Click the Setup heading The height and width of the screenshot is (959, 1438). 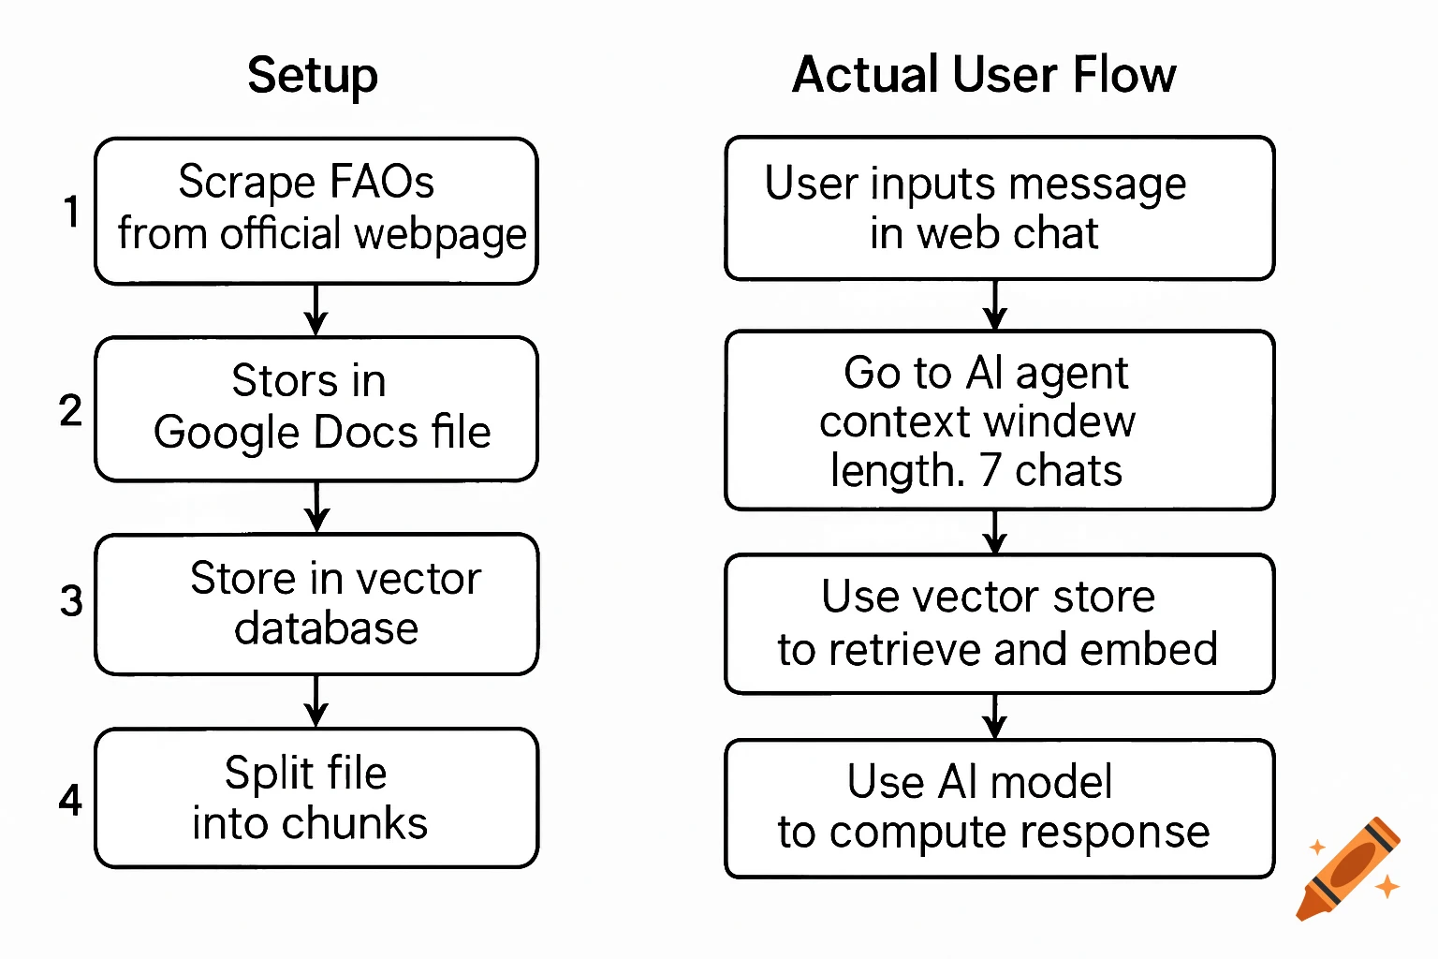[x=313, y=76]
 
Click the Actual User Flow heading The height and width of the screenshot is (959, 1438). [x=984, y=75]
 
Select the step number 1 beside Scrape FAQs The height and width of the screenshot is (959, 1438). [x=71, y=212]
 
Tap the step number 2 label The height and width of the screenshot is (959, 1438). [x=70, y=410]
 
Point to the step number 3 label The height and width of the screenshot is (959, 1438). [x=71, y=601]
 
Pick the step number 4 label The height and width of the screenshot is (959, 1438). [x=70, y=800]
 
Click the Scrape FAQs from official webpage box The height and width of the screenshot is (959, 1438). [x=316, y=211]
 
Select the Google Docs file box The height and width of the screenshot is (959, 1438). [x=316, y=409]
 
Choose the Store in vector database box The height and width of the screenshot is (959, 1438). [x=316, y=604]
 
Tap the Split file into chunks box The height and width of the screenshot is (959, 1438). [x=316, y=798]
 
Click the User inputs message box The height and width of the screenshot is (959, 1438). [x=999, y=208]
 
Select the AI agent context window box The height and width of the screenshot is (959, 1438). [x=999, y=420]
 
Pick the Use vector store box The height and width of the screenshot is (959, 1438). [x=999, y=624]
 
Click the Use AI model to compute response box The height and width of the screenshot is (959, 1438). [x=999, y=808]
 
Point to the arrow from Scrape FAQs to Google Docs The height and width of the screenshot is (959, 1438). [x=316, y=310]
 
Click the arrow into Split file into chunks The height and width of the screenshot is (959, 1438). [x=316, y=701]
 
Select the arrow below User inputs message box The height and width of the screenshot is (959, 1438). [x=995, y=304]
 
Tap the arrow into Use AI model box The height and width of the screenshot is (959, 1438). [x=995, y=716]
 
